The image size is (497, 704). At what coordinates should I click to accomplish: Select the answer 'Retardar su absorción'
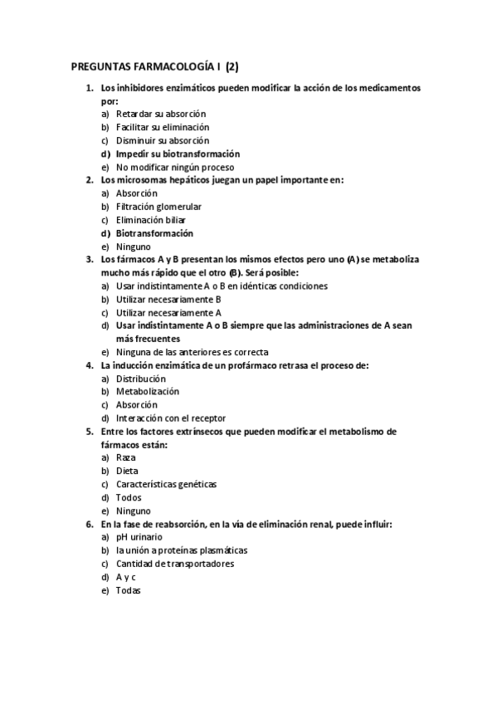point(161,114)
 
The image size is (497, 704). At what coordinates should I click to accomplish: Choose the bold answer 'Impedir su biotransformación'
point(178,154)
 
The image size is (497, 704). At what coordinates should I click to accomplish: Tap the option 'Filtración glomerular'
point(158,207)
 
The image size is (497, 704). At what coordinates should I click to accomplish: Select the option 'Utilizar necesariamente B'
point(168,299)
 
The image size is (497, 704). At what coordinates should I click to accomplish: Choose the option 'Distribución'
point(141,379)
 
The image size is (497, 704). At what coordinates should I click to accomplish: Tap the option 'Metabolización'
point(148,392)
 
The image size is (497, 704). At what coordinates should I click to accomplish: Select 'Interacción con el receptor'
point(171,418)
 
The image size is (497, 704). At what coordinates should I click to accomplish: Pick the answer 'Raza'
point(126,457)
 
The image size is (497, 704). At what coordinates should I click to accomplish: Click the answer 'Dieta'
point(127,471)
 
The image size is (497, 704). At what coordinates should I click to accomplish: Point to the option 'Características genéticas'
point(166,484)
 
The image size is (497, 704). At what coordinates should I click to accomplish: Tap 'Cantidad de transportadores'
point(175,564)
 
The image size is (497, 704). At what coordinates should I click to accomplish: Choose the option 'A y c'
point(126,577)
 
